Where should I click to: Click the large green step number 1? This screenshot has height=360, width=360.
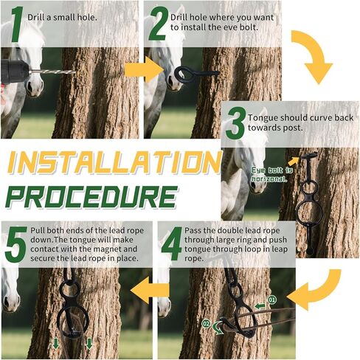(x=17, y=24)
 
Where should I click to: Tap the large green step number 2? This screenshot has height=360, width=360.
(x=158, y=24)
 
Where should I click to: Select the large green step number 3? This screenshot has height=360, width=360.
(x=235, y=123)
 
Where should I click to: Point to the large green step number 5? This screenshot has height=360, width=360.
(x=15, y=243)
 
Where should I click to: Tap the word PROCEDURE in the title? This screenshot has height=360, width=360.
(x=91, y=197)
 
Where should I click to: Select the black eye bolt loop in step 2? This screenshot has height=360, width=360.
(x=181, y=73)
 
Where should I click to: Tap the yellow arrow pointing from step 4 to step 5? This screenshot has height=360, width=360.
(x=150, y=290)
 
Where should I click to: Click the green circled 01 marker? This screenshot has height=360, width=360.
(x=271, y=300)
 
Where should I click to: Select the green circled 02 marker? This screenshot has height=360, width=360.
(x=206, y=324)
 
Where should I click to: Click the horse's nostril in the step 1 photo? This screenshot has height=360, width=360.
(x=30, y=87)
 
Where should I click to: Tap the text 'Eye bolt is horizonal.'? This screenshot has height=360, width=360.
(x=271, y=175)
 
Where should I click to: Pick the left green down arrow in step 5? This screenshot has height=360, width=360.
(x=56, y=344)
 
